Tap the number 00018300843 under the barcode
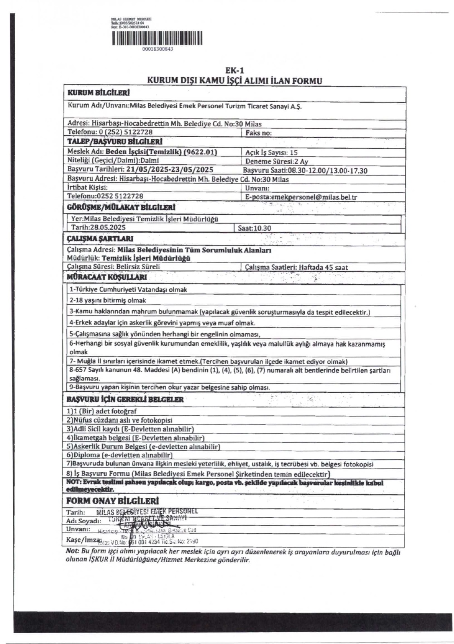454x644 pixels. click(x=158, y=49)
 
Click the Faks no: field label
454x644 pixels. click(x=258, y=133)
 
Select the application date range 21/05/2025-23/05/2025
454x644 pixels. click(x=169, y=170)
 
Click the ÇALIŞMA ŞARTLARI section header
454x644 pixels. click(x=99, y=239)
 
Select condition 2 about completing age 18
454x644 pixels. click(x=108, y=300)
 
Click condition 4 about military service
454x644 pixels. click(x=162, y=323)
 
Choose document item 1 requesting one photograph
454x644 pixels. click(x=102, y=411)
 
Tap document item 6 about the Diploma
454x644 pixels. click(x=120, y=455)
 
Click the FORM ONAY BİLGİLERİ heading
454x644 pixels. click(x=112, y=501)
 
